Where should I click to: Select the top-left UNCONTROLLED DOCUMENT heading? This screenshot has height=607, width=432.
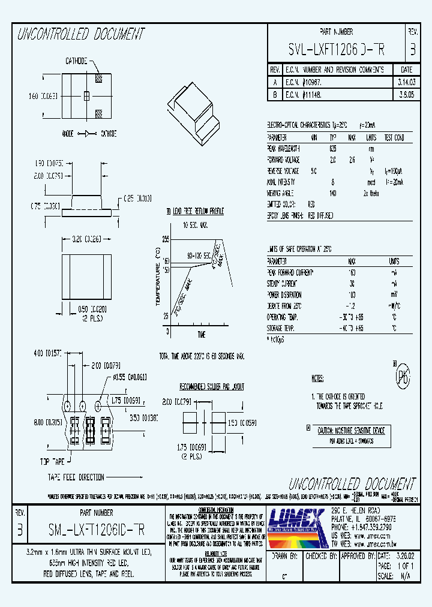point(80,34)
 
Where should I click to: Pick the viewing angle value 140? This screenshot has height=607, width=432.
point(333,193)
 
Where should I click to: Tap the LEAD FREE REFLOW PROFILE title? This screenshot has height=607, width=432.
point(198,212)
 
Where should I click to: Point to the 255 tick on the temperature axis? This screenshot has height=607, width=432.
point(166,239)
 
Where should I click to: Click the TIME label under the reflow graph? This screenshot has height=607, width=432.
point(201,334)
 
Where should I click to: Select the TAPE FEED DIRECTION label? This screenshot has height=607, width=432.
point(76,477)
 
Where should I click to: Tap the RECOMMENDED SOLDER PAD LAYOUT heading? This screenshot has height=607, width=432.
point(212,387)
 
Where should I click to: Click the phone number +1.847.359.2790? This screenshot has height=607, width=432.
point(362,527)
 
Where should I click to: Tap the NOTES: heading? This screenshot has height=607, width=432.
point(318,378)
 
